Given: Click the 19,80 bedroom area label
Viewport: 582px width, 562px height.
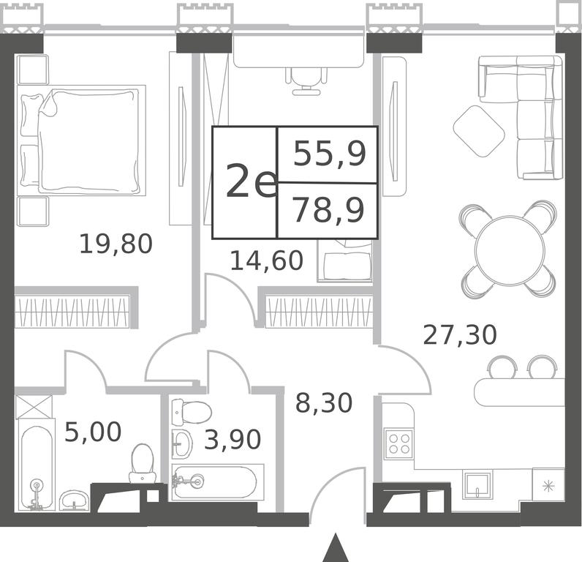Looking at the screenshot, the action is (x=116, y=244).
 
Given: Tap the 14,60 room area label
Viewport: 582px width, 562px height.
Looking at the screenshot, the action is (x=266, y=261).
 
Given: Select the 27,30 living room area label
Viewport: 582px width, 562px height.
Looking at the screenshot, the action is (x=459, y=334).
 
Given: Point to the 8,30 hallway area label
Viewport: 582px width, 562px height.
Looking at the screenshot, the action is (x=324, y=402).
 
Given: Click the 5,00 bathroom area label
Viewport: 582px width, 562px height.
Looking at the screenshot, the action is (x=93, y=432).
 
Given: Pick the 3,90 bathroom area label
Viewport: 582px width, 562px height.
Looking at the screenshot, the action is (x=233, y=439).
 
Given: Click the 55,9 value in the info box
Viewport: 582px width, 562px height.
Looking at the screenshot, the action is (x=330, y=154).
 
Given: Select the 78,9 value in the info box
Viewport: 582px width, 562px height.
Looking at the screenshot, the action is (x=328, y=210).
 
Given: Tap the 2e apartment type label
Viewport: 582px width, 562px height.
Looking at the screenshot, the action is (x=252, y=181).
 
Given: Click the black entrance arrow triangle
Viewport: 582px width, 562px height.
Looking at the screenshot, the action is (x=336, y=549).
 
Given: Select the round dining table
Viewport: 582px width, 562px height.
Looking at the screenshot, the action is (x=507, y=250).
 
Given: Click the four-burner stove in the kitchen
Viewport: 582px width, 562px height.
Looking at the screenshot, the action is (x=399, y=444).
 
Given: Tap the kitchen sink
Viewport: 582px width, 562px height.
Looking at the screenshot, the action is (x=477, y=484).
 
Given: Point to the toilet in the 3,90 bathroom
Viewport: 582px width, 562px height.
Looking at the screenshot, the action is (x=191, y=412).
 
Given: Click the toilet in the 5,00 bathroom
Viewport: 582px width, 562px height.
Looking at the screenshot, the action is (x=142, y=462).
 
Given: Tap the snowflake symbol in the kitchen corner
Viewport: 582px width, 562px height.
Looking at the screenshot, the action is (x=548, y=486).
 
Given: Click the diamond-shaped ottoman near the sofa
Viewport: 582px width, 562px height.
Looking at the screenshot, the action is (x=479, y=131).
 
